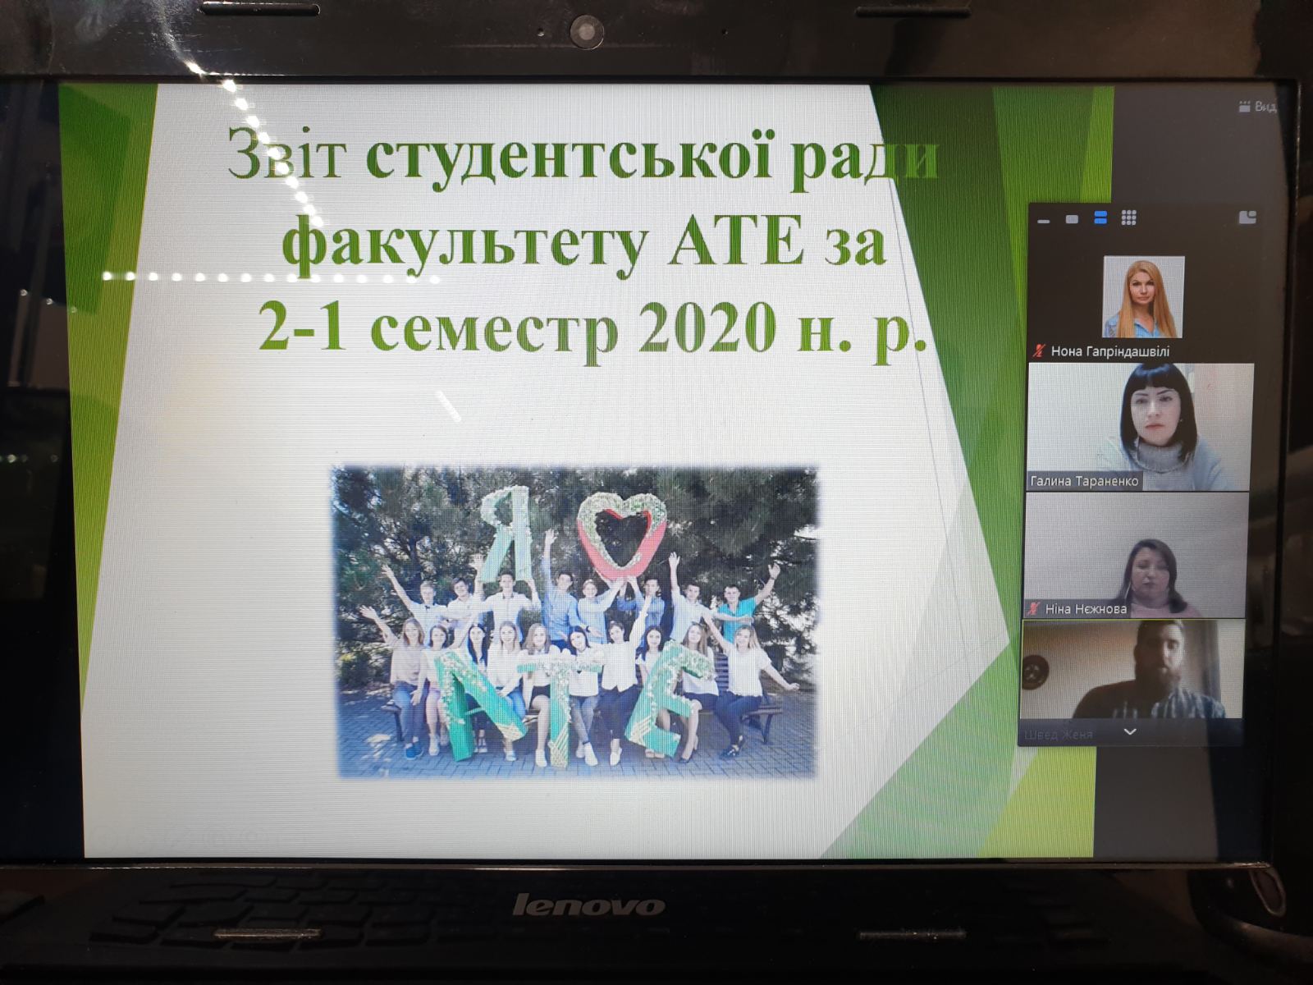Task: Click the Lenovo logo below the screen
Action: pyautogui.click(x=588, y=905)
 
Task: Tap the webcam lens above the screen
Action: pyautogui.click(x=586, y=30)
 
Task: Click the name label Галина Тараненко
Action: pyautogui.click(x=1083, y=481)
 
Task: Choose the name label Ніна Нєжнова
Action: pyautogui.click(x=1085, y=609)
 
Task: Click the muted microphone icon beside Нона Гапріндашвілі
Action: pyautogui.click(x=1039, y=351)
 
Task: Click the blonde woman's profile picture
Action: pyautogui.click(x=1143, y=296)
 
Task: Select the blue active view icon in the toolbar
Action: pyautogui.click(x=1100, y=218)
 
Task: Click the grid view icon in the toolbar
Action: pyautogui.click(x=1128, y=218)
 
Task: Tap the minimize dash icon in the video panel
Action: pyautogui.click(x=1044, y=221)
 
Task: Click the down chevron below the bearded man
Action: pyautogui.click(x=1130, y=731)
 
